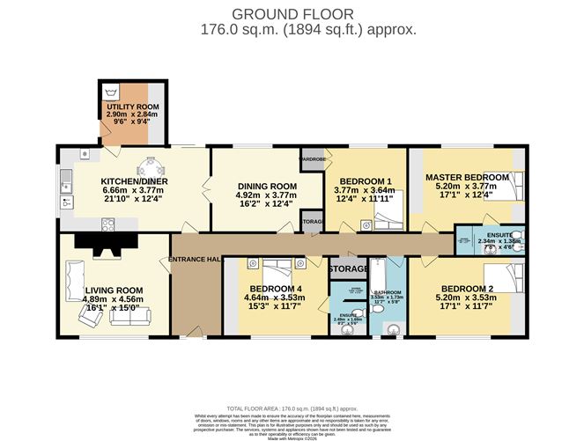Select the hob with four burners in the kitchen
pyautogui.click(x=110, y=224)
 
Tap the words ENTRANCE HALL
pyautogui.click(x=195, y=258)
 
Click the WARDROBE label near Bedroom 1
pyautogui.click(x=313, y=160)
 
